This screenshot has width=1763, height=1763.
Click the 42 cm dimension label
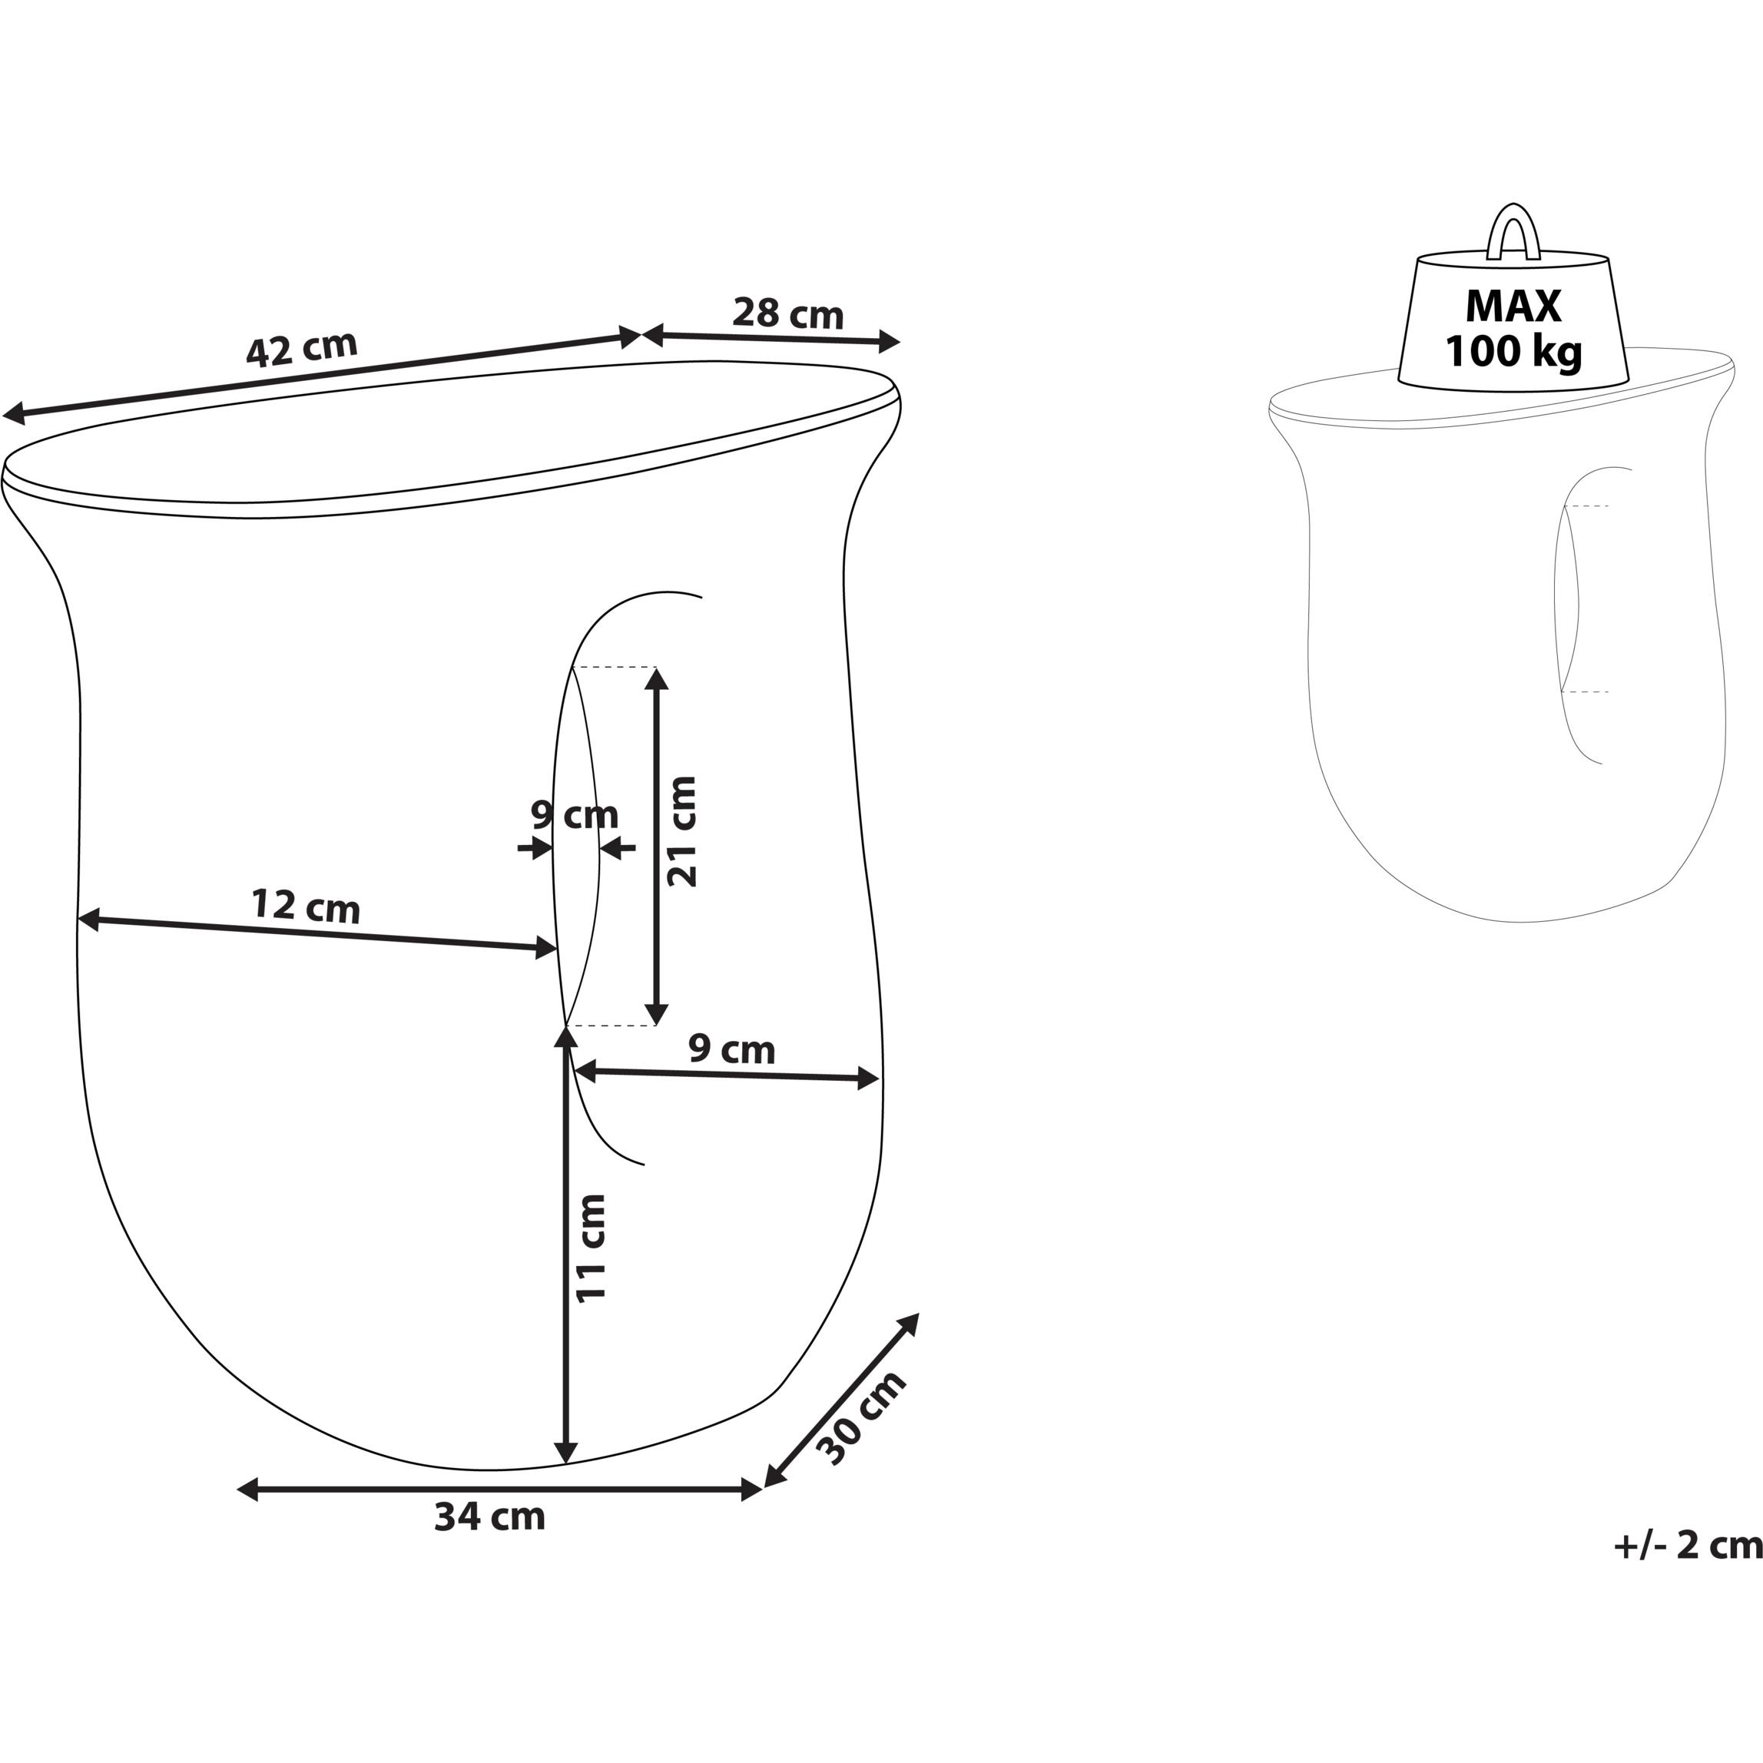(x=302, y=350)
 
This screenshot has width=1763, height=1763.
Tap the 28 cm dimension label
(x=788, y=314)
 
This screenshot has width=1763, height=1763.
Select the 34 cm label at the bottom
(x=490, y=1516)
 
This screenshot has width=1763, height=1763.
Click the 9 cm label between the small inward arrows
(x=575, y=814)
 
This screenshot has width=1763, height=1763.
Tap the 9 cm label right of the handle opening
(x=732, y=1049)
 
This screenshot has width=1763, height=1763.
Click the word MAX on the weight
(x=1514, y=307)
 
